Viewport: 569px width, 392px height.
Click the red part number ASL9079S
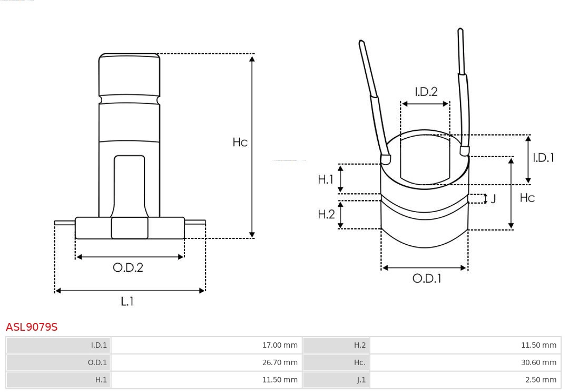pyautogui.click(x=32, y=327)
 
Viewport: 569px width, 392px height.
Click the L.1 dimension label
pyautogui.click(x=127, y=301)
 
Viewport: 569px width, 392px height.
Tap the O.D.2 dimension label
pyautogui.click(x=128, y=267)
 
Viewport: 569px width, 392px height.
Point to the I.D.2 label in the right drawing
pyautogui.click(x=426, y=92)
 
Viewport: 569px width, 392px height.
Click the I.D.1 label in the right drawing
pyautogui.click(x=543, y=157)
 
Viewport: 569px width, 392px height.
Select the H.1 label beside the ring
pyautogui.click(x=326, y=179)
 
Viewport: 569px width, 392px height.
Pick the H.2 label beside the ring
pyautogui.click(x=326, y=214)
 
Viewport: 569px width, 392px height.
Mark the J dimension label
pyautogui.click(x=493, y=199)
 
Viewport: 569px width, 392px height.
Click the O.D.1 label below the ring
pyautogui.click(x=426, y=279)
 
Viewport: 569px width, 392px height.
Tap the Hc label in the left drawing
pyautogui.click(x=240, y=142)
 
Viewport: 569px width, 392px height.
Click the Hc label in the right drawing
pyautogui.click(x=527, y=197)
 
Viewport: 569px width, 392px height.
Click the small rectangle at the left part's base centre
pyautogui.click(x=130, y=228)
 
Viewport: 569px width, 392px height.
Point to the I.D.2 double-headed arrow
pyautogui.click(x=425, y=104)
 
